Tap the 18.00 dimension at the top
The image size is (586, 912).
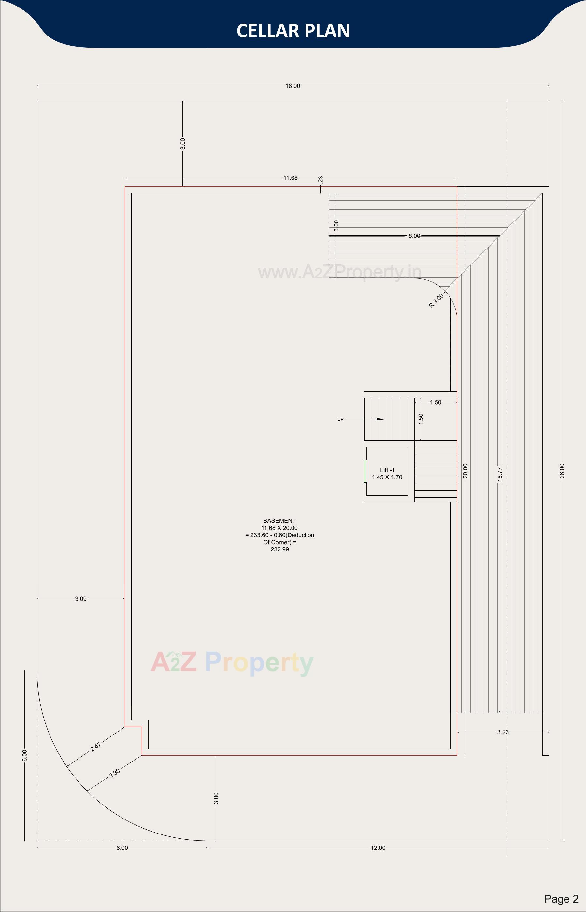point(293,86)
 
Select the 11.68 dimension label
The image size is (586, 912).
point(290,178)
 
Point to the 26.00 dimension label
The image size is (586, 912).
point(562,471)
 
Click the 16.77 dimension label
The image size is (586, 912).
point(500,475)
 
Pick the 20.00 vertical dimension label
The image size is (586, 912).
point(465,471)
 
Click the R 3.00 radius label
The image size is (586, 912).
point(436,301)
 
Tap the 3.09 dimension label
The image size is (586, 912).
point(81,599)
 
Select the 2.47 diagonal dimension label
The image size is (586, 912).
point(95,747)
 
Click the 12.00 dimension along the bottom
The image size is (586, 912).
point(378,848)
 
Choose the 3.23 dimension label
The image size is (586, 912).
point(503,732)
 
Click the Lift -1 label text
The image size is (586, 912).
point(387,470)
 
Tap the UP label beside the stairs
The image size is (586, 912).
point(340,419)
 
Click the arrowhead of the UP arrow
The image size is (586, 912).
point(380,419)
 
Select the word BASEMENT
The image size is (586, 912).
point(279,521)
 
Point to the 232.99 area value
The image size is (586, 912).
point(280,549)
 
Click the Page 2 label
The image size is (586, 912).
point(561,899)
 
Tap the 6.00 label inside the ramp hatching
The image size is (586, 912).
point(414,236)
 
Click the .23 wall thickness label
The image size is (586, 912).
point(321,179)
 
